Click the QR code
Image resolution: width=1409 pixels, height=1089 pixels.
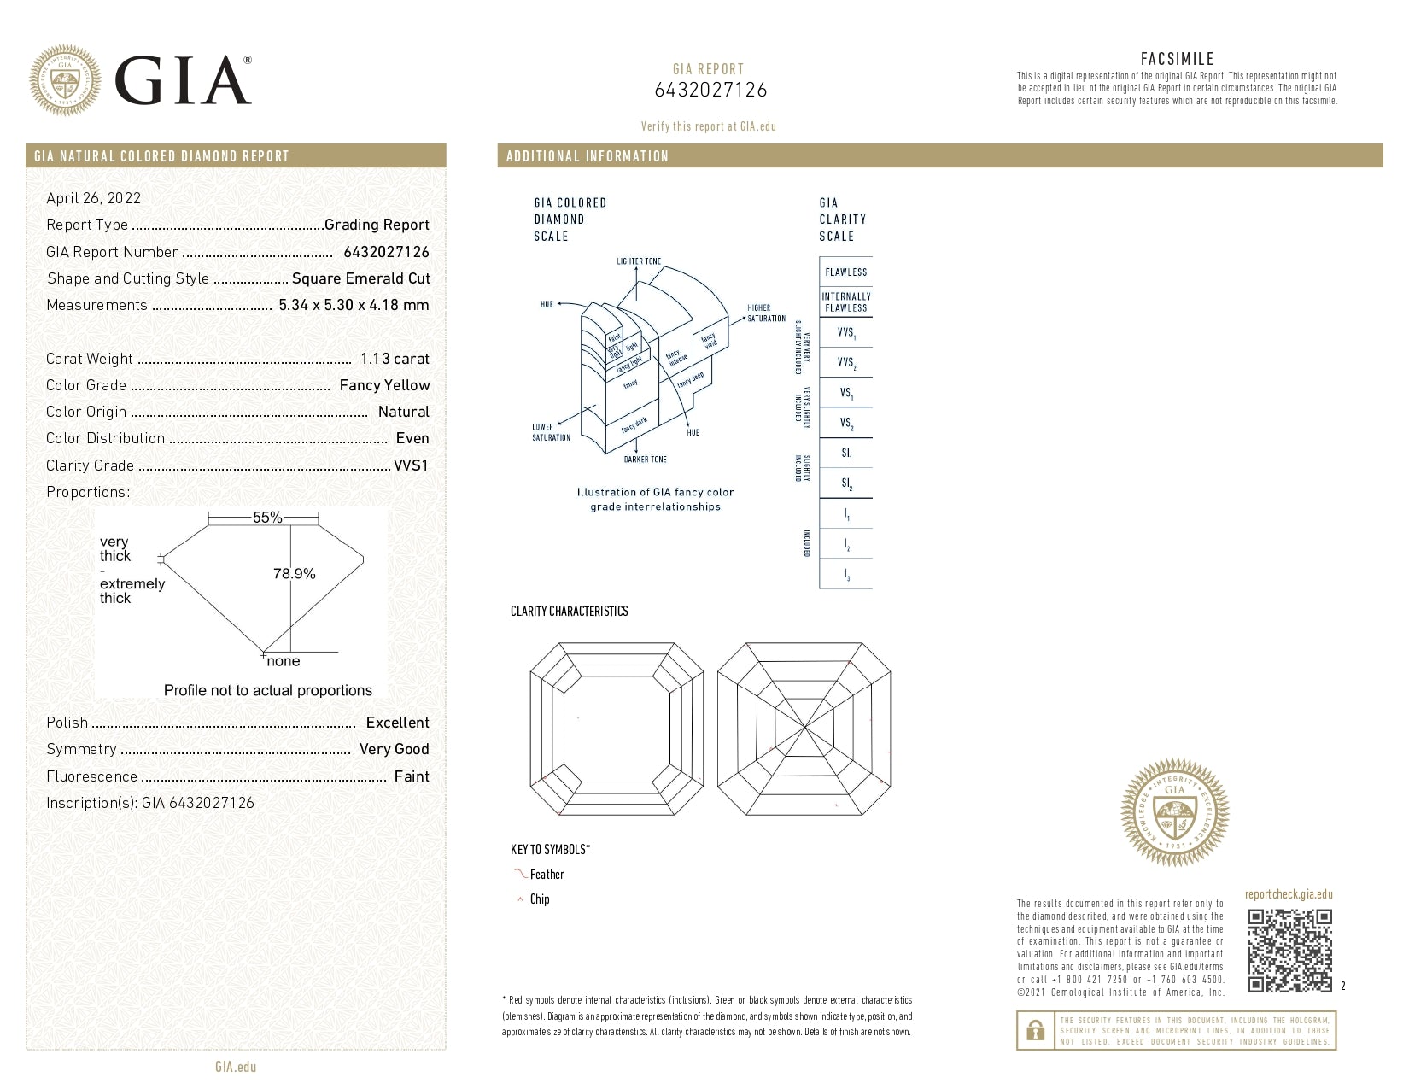point(1289,951)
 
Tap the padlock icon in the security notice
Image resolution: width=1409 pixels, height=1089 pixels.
point(1035,1030)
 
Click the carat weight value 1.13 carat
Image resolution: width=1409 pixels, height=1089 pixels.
point(395,359)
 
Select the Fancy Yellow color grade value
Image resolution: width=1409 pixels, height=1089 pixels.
point(384,385)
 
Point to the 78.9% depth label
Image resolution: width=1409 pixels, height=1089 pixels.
point(294,574)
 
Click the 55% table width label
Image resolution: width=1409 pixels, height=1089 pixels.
point(266,518)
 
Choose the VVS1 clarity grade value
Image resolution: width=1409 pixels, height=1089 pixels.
point(411,465)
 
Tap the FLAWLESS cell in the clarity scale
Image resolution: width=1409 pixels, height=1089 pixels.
point(845,272)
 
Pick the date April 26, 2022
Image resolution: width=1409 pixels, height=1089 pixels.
point(93,198)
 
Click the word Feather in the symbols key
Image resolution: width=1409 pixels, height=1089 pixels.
point(547,875)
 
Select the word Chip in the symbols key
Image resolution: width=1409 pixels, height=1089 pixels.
point(540,899)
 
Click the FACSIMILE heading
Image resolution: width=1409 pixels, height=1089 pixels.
point(1177,59)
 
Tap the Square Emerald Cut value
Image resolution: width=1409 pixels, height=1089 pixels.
point(360,278)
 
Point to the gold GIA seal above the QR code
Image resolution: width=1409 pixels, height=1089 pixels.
point(1175,812)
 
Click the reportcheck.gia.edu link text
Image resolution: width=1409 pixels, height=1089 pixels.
point(1288,894)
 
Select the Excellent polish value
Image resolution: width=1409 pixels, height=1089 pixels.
point(397,723)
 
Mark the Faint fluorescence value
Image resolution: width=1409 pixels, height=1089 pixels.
point(412,776)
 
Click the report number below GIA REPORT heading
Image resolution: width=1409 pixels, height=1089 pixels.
point(710,90)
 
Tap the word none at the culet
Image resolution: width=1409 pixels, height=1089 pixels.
point(284,661)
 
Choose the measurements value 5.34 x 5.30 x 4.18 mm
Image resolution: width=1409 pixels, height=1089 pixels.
point(354,305)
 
